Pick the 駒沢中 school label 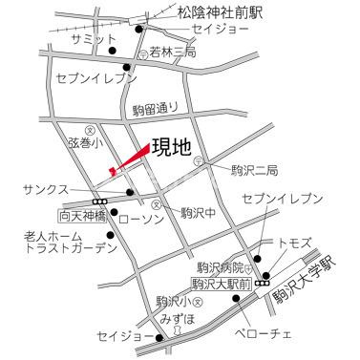pyautogui.click(x=200, y=212)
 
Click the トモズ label pyautogui.click(x=294, y=244)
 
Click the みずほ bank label pyautogui.click(x=178, y=318)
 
